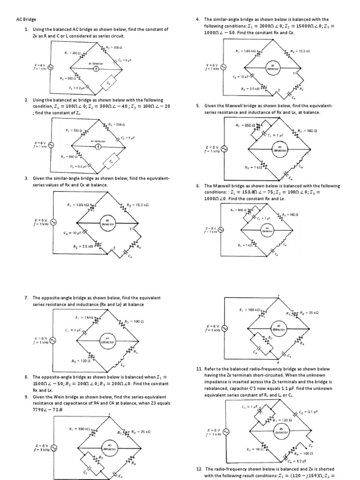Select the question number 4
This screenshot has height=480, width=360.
(198, 20)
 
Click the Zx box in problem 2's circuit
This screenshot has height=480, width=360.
(111, 162)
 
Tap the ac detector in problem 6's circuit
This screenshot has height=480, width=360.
(267, 230)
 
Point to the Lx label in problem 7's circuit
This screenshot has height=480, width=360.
(123, 364)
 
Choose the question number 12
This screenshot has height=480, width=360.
(199, 469)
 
